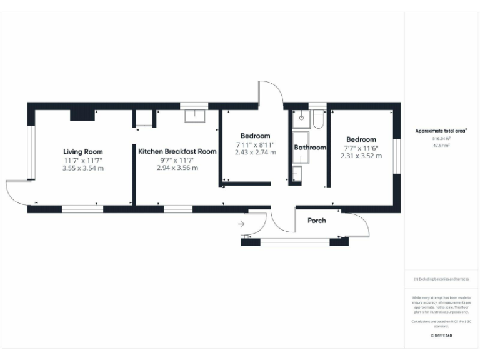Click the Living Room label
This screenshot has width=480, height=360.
82,152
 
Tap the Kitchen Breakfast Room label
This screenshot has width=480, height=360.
177,152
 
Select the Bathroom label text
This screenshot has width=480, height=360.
311,147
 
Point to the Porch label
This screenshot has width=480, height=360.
316,221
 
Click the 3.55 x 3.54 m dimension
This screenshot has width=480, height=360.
82,168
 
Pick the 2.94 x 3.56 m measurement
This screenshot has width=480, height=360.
177,168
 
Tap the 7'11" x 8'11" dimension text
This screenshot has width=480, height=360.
255,144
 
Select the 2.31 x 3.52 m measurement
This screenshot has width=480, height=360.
361,156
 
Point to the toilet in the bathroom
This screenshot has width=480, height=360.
318,119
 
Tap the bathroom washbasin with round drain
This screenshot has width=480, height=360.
301,117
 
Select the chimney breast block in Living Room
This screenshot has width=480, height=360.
82,113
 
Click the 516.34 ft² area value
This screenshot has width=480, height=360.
441,138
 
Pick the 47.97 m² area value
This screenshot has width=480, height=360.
441,144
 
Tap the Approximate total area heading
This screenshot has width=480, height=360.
441,131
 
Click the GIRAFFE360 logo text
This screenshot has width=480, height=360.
441,336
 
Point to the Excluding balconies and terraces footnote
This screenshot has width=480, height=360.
441,279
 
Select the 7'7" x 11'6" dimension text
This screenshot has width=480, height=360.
361,148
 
